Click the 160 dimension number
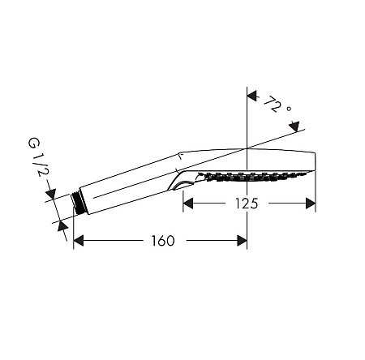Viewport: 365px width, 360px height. [163, 241]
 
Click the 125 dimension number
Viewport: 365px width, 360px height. [247, 204]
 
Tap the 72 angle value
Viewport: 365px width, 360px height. [272, 105]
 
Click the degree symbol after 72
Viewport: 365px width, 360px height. [289, 109]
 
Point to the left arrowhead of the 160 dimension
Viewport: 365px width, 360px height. [79, 241]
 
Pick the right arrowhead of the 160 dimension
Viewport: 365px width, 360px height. [242, 241]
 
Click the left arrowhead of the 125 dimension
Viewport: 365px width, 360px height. [188, 204]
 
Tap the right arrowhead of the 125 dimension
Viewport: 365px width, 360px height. [311, 204]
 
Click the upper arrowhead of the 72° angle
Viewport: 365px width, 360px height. [252, 96]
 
